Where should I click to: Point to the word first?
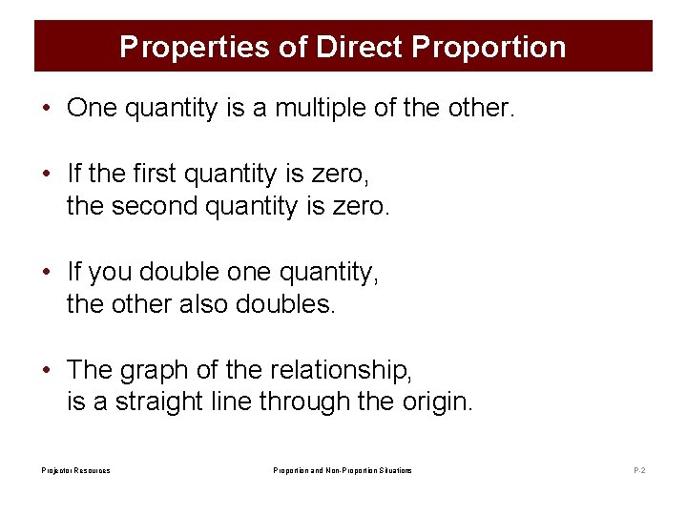point(155,174)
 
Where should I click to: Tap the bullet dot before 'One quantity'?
point(46,108)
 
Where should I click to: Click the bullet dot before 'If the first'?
point(46,174)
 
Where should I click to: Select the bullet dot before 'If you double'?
point(46,272)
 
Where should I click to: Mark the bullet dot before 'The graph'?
point(46,369)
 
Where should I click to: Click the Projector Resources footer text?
point(75,470)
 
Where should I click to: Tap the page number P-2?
point(638,470)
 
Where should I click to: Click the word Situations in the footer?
point(394,470)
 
